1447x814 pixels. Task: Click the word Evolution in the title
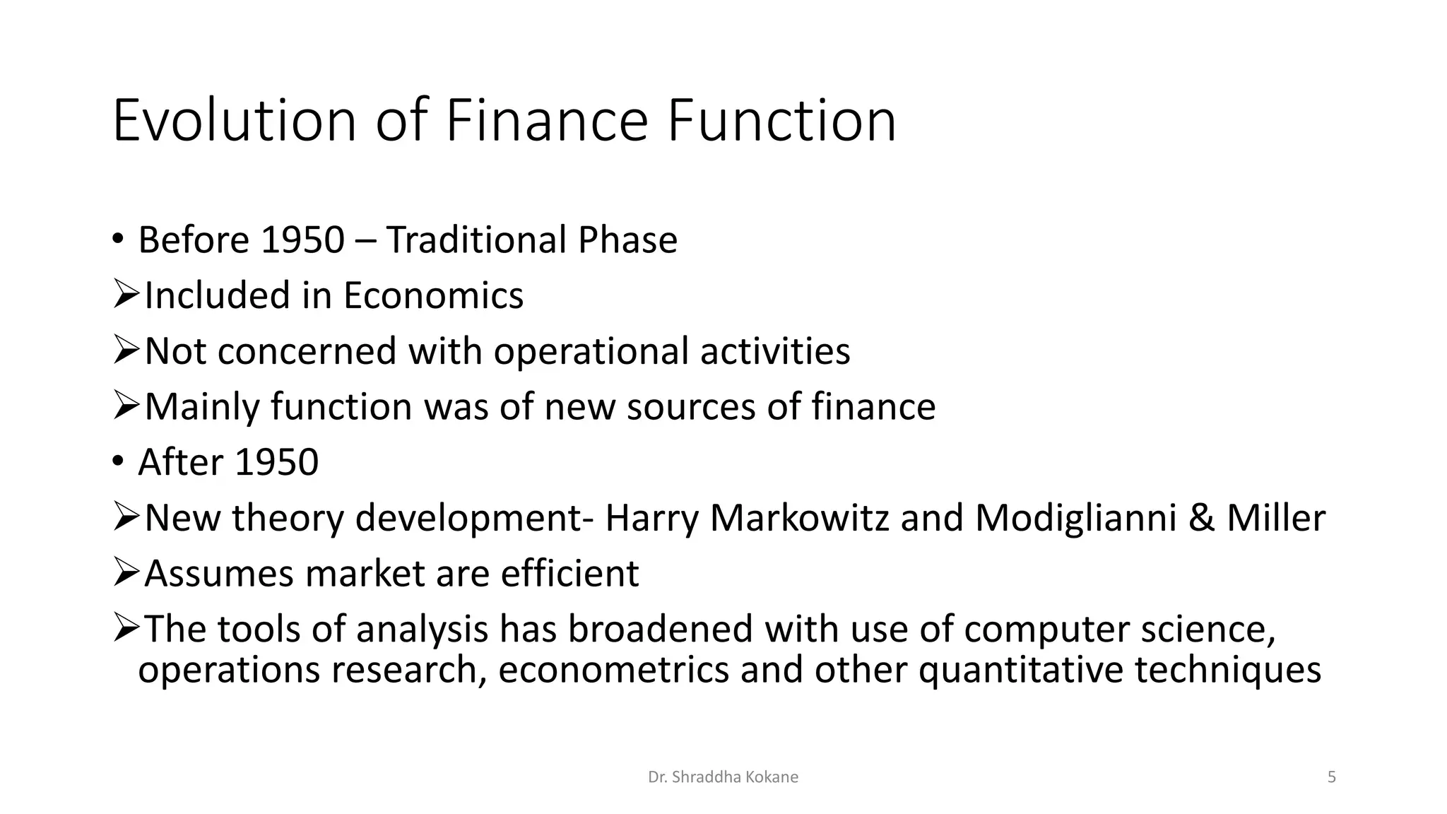[234, 121]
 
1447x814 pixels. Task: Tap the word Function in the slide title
[781, 121]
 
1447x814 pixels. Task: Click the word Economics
[433, 295]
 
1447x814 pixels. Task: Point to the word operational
[591, 351]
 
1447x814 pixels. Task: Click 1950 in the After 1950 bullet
[276, 462]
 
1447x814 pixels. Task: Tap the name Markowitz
[799, 518]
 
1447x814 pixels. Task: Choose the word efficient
[569, 573]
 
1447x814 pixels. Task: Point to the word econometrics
[613, 670]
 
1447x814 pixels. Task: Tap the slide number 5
[1332, 777]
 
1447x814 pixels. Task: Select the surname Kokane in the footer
[775, 777]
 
